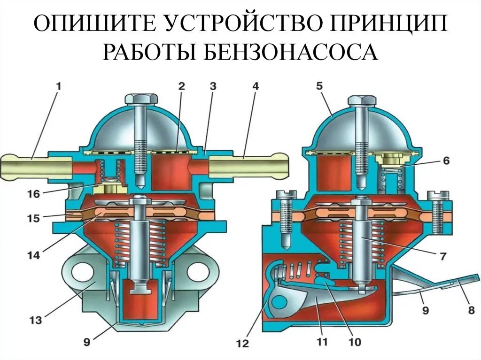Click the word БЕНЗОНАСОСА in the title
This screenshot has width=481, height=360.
pyautogui.click(x=291, y=52)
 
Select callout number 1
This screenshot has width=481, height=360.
pyautogui.click(x=59, y=86)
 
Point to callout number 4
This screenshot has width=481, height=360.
pyautogui.click(x=255, y=86)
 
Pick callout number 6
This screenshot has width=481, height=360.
pyautogui.click(x=445, y=161)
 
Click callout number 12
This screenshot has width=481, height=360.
pyautogui.click(x=242, y=344)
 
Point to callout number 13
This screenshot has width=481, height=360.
pyautogui.click(x=35, y=321)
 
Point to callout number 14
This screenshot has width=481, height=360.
pyautogui.click(x=34, y=255)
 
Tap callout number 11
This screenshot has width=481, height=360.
pyautogui.click(x=321, y=342)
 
